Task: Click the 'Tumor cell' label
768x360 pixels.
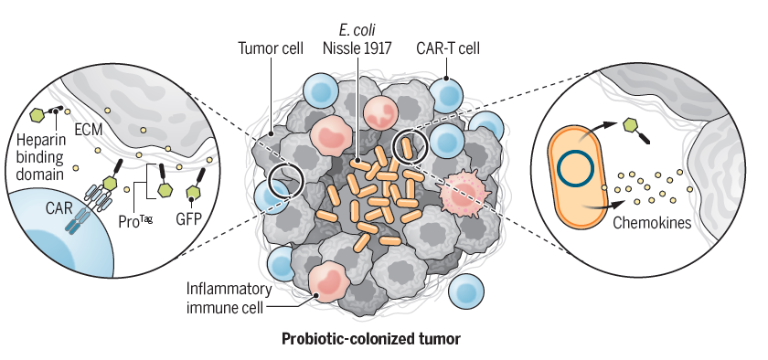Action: [271, 48]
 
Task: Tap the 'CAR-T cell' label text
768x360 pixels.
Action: [448, 48]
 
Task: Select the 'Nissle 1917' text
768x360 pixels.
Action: [357, 48]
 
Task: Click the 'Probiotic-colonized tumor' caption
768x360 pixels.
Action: [371, 338]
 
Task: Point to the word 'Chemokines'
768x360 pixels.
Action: [652, 223]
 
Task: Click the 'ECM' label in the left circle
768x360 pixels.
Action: [88, 130]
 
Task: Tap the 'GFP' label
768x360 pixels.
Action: [188, 219]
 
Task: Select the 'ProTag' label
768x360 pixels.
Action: [135, 221]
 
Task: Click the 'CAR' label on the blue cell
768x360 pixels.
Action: [59, 208]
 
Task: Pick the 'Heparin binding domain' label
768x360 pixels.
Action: [40, 157]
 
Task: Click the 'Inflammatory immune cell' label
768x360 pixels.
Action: [229, 298]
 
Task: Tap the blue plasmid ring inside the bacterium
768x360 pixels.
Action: [576, 168]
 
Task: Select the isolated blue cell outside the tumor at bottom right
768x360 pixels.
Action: [466, 291]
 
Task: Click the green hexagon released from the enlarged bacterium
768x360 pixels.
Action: [630, 126]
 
